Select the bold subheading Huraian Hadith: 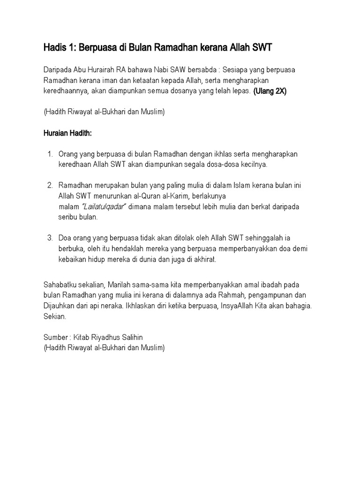pos(67,134)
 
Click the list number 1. pos(50,154)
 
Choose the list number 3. pos(50,238)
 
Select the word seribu pos(69,217)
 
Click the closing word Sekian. pos(55,316)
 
